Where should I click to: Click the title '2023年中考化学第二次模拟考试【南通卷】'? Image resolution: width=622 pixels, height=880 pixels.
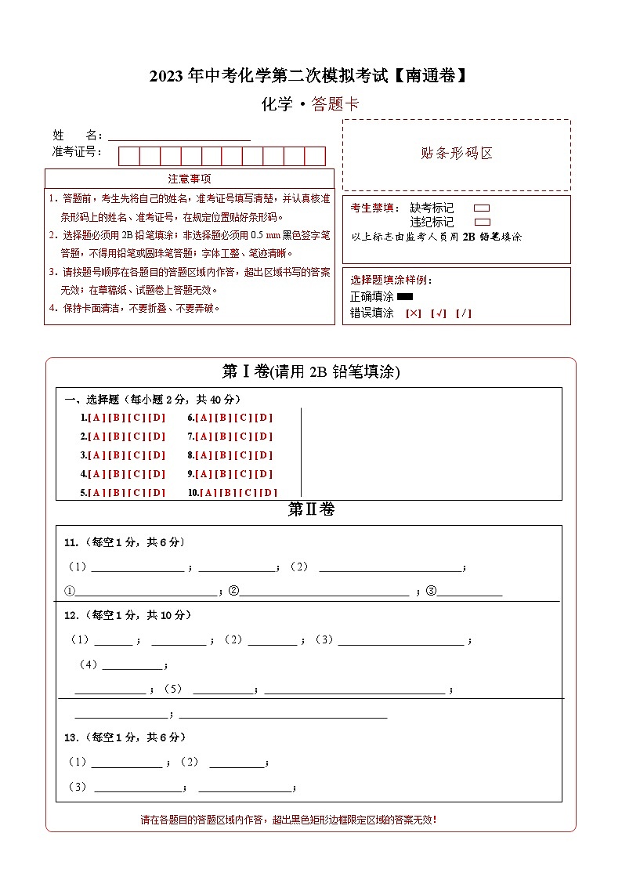coord(311,76)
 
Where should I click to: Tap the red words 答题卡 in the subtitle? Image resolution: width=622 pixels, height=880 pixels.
coord(335,104)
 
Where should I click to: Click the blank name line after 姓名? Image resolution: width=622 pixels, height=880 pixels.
coord(179,136)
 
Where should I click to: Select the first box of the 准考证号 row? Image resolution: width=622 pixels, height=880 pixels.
coord(128,156)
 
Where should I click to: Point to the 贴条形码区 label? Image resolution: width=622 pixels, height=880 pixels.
coord(457,154)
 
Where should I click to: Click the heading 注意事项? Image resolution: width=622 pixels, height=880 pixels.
coord(190,179)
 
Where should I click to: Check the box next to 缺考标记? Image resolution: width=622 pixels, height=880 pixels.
coord(483,208)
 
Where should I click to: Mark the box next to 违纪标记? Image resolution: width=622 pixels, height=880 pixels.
coord(483,222)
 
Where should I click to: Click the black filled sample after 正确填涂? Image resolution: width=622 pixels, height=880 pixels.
coord(405,296)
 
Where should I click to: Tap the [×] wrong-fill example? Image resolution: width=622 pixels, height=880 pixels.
coord(414,313)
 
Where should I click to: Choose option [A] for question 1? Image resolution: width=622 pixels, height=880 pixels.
coord(97,418)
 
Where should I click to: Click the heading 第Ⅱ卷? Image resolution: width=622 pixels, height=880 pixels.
coord(311,510)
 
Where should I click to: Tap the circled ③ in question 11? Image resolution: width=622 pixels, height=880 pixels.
coord(430,591)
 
